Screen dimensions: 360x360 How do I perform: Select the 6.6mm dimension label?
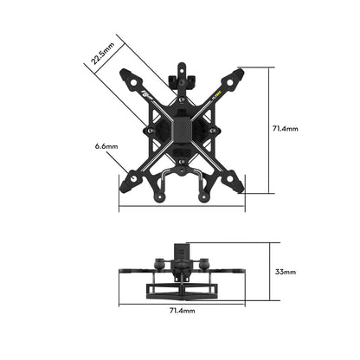coord(106,147)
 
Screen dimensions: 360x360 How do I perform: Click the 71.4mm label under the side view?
coord(182,309)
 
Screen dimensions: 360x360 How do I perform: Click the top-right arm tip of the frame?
coord(238,74)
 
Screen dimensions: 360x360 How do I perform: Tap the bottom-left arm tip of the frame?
coord(126,184)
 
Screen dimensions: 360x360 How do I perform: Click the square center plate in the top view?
coord(182,130)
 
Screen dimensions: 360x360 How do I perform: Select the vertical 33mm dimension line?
coord(263,269)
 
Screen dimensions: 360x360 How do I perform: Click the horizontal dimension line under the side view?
coord(182,299)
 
